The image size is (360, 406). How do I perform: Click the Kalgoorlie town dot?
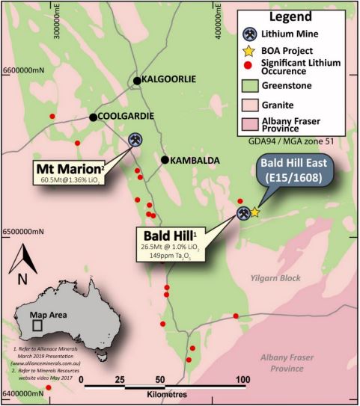(x=137, y=81)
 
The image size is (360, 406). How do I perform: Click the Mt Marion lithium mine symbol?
(x=136, y=140)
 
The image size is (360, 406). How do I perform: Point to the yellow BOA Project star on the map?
(x=254, y=212)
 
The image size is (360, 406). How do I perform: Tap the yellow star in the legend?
(x=252, y=51)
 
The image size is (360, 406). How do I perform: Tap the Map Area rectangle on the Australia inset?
(x=37, y=326)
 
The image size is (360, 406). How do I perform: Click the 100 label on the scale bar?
(x=242, y=379)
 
